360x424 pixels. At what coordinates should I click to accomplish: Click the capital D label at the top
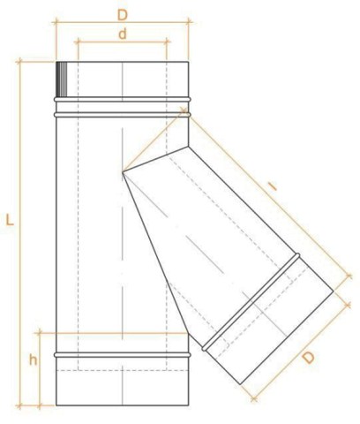coord(123,15)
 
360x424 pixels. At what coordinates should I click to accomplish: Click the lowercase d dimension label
coord(123,34)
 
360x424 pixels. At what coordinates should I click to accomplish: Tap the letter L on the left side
coord(10,220)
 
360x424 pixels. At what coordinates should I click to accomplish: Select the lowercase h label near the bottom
coord(34,360)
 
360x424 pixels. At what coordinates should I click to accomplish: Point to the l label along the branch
coord(274,186)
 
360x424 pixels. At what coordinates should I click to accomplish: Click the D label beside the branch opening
coord(309,358)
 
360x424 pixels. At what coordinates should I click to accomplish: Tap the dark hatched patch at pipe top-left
coord(62,79)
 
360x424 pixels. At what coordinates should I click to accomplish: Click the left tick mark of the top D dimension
coord(56,21)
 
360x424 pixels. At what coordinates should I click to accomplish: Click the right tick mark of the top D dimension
coord(189,21)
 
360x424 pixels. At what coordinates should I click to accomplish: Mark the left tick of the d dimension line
coord(78,42)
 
